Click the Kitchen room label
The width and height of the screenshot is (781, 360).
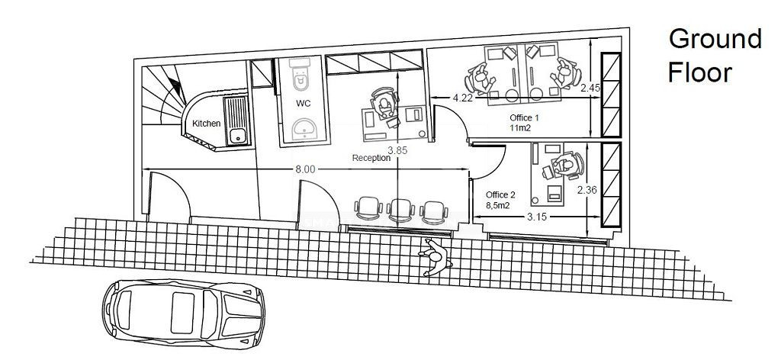[x=206, y=124]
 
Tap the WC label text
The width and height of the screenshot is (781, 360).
[x=304, y=102]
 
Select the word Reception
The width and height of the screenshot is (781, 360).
[x=371, y=159]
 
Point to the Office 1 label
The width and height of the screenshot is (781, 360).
[x=525, y=118]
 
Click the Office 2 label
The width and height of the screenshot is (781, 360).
[x=501, y=194]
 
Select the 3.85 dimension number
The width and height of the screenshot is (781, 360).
[x=397, y=150]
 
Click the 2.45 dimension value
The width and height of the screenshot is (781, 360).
[x=590, y=89]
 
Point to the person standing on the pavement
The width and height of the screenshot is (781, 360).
[x=435, y=256]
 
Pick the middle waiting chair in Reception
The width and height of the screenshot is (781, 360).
[x=401, y=209]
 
